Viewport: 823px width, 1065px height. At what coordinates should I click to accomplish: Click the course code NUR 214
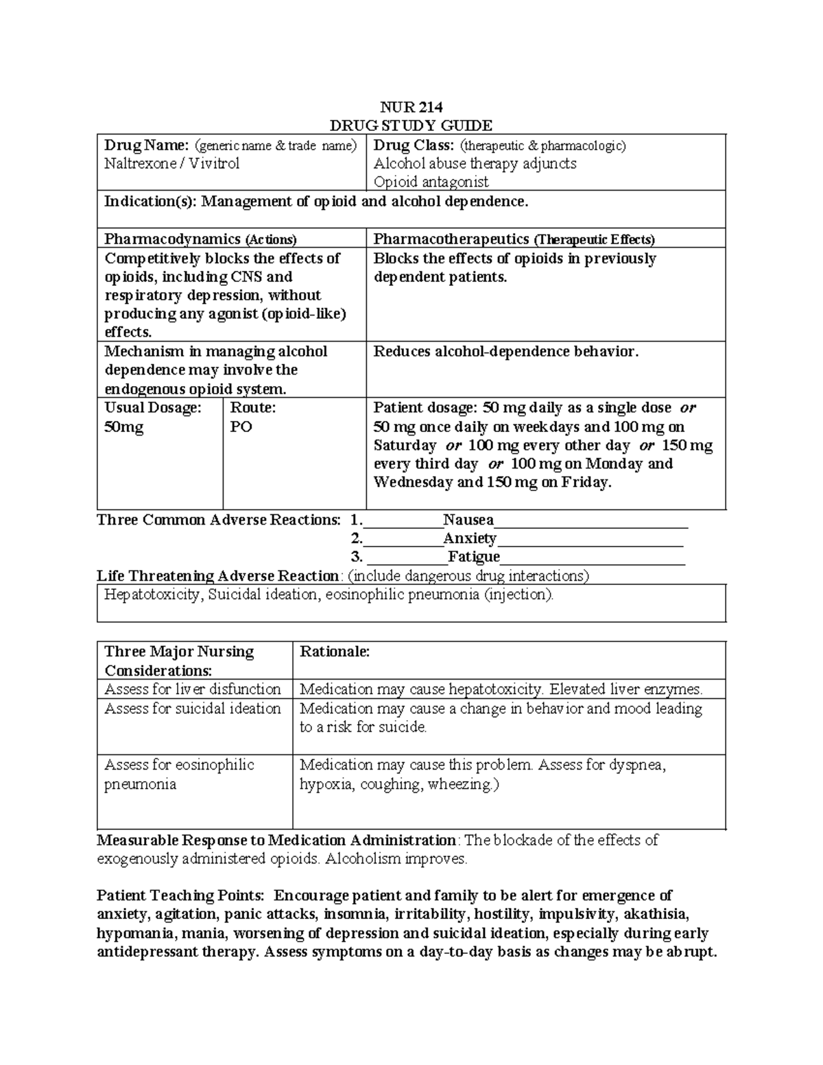click(x=411, y=107)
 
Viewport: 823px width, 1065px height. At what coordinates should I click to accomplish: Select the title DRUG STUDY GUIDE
click(x=411, y=125)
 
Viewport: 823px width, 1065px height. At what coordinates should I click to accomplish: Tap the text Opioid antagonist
click(x=431, y=182)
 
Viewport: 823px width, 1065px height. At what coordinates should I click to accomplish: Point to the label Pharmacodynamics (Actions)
click(x=200, y=239)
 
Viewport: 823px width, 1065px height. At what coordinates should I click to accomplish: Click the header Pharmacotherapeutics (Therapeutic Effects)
click(x=514, y=239)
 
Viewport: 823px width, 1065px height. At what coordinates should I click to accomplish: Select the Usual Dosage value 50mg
click(x=123, y=427)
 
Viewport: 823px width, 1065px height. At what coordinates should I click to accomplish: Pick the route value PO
click(x=241, y=427)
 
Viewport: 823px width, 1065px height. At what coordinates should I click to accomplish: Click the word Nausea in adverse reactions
click(x=468, y=520)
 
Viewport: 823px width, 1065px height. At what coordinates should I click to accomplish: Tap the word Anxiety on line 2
click(x=469, y=538)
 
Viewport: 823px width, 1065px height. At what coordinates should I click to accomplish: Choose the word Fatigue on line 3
click(x=473, y=557)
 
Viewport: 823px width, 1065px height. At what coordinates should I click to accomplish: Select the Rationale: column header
click(x=335, y=651)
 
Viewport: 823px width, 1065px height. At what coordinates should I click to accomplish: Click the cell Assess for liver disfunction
click(x=193, y=689)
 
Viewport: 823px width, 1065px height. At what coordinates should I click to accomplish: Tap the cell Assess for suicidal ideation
click(x=193, y=708)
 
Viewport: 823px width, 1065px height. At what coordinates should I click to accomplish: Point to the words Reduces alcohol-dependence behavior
click(x=505, y=352)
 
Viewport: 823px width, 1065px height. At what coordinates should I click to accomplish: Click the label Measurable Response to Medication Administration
click(x=276, y=840)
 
